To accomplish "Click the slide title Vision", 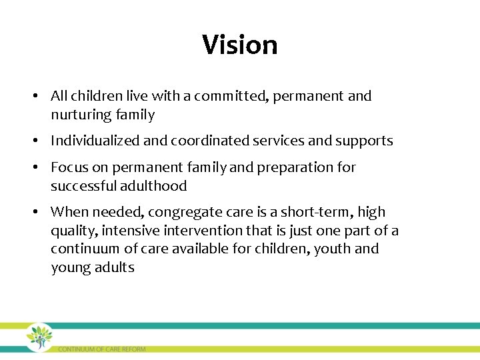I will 240,45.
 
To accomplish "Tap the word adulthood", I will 153,186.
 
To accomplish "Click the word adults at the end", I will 114,268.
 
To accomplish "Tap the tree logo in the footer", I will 39,337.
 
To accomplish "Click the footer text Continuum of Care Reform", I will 101,349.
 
